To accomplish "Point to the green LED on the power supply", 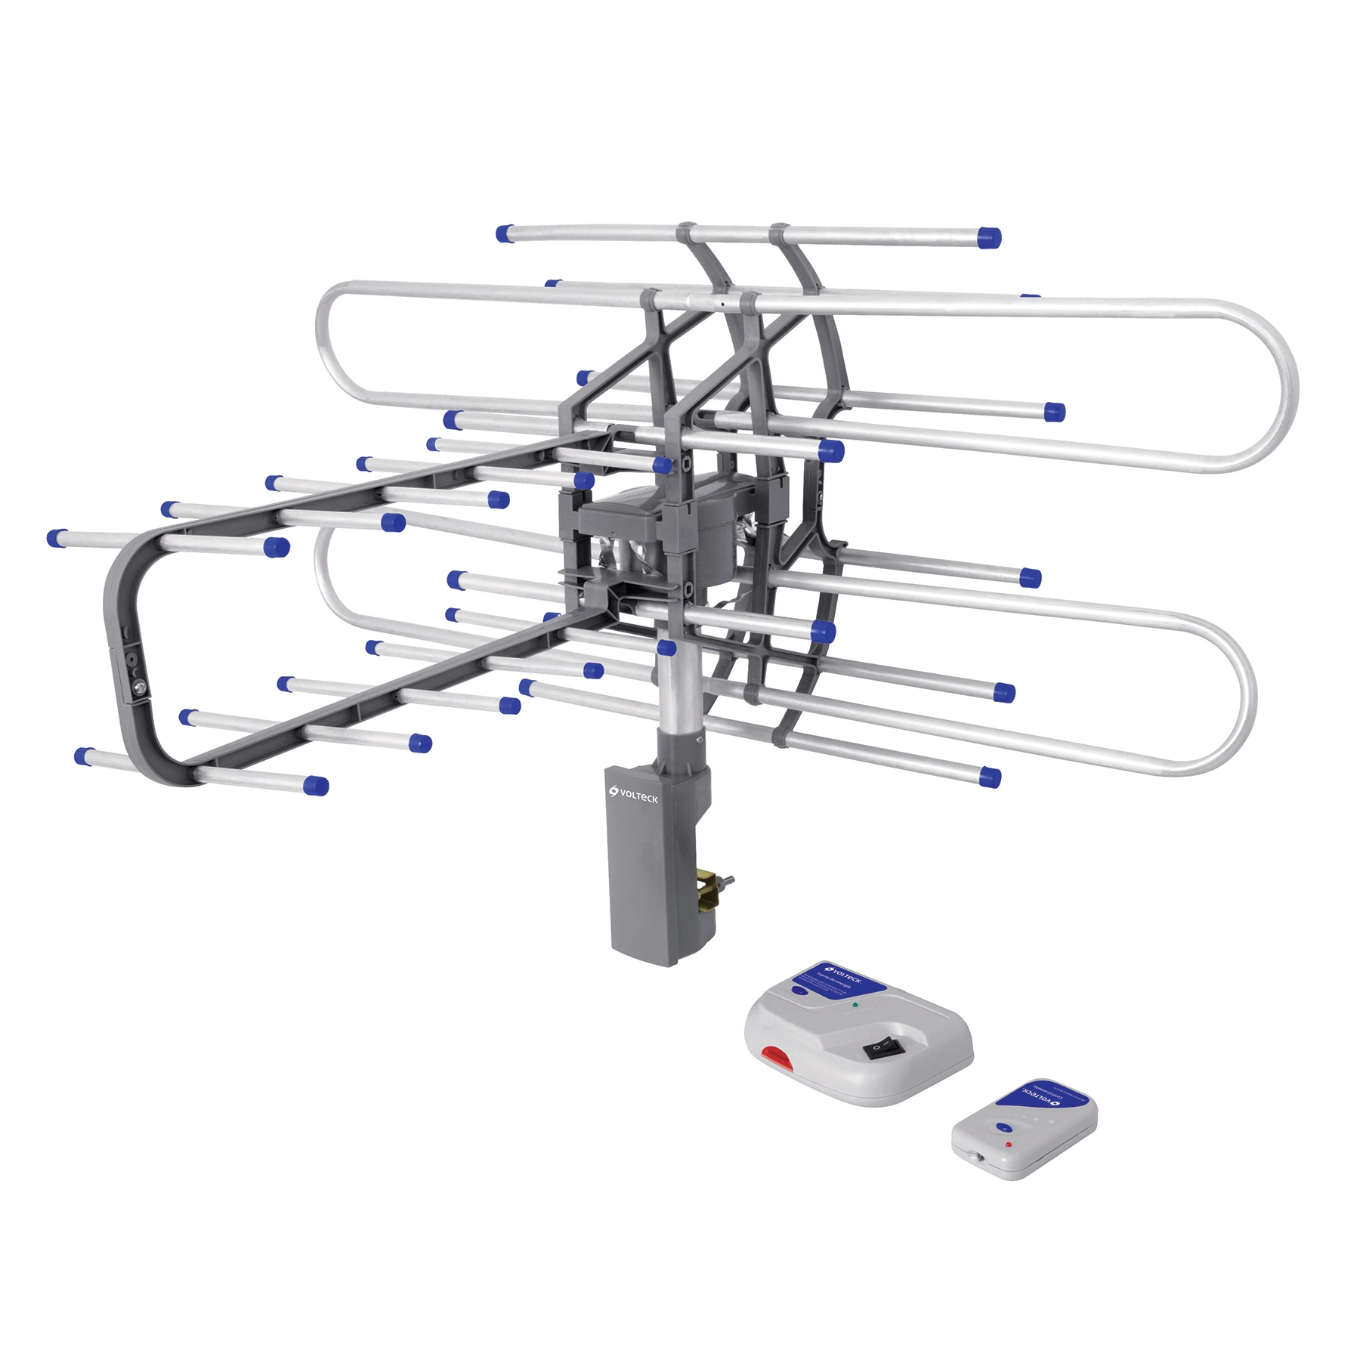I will click(x=855, y=1006).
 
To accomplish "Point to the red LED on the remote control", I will click(x=1008, y=1145).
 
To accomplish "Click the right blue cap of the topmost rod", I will click(x=988, y=237).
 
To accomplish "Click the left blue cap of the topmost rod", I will click(x=505, y=233).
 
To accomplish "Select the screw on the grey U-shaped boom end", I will click(x=141, y=688).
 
